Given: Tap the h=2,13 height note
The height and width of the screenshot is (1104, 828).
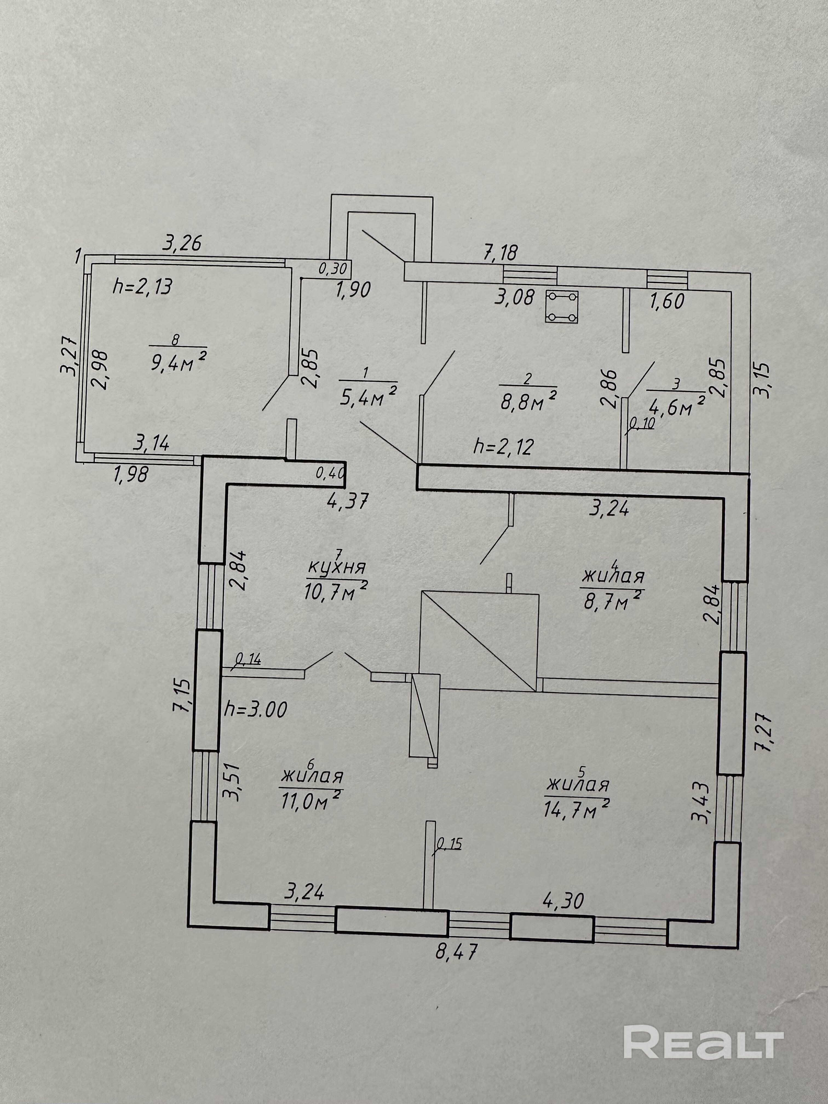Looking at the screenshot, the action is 143,287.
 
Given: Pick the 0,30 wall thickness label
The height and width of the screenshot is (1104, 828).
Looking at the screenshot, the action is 332,269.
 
